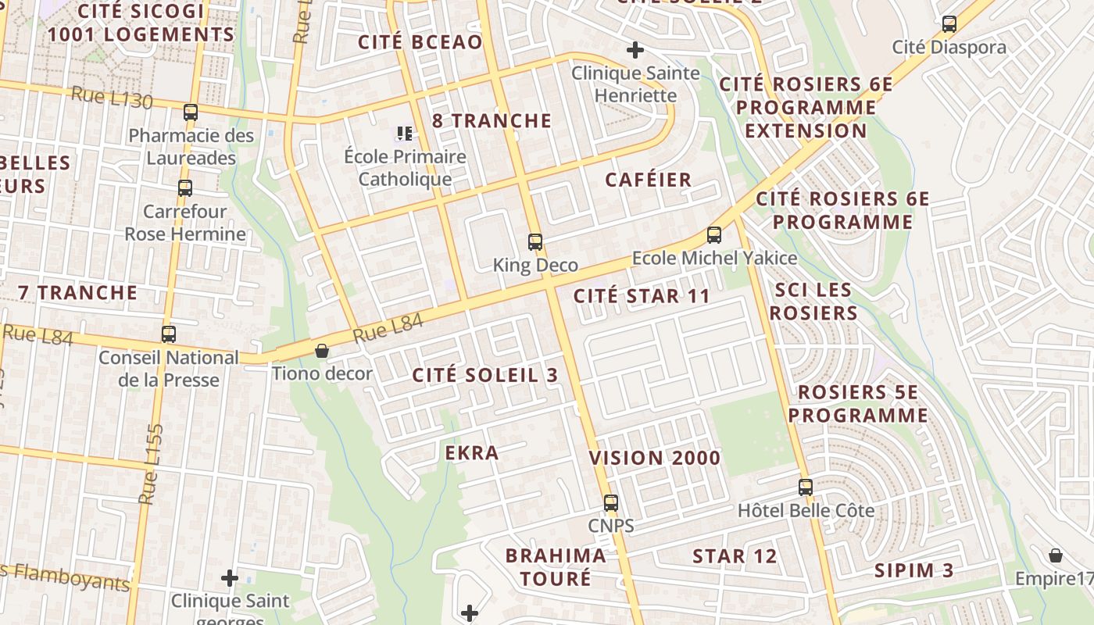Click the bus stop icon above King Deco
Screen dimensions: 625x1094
[535, 242]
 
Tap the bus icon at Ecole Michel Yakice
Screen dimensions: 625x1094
[713, 234]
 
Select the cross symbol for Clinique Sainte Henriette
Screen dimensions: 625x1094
[635, 51]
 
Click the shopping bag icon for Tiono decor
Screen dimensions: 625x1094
[321, 351]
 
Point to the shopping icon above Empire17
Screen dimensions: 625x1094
[1056, 555]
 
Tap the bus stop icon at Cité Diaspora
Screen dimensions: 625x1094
[949, 24]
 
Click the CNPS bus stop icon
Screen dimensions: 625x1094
[611, 503]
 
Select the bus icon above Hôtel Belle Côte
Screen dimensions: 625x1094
[806, 487]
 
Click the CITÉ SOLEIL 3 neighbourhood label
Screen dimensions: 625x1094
[485, 375]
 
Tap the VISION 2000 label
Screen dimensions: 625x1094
[655, 459]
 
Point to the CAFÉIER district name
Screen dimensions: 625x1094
[649, 180]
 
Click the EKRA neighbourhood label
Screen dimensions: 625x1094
[472, 453]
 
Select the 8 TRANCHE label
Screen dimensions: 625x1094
[492, 121]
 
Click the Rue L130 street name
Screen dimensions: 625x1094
[112, 99]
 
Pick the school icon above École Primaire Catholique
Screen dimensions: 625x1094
[404, 134]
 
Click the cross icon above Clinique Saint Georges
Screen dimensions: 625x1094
[229, 578]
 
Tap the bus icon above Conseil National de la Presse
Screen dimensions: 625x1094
[169, 334]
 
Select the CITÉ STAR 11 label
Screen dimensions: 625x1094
[642, 297]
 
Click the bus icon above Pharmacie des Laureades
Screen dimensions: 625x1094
[191, 112]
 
